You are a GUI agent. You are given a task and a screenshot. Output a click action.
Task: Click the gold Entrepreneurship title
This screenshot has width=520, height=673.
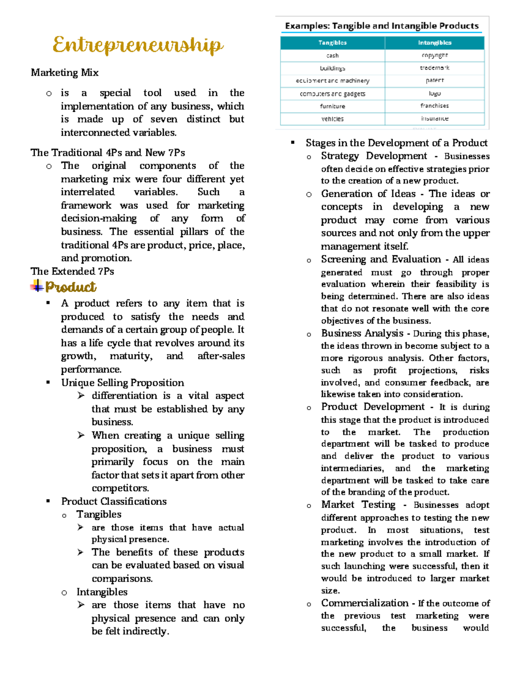pos(138,45)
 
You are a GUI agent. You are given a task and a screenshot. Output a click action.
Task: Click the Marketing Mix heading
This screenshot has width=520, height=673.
pos(65,73)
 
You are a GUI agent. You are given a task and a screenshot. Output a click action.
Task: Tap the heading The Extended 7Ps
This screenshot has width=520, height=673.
pos(72,272)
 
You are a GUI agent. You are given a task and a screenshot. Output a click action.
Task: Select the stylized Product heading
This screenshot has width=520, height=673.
pos(71,287)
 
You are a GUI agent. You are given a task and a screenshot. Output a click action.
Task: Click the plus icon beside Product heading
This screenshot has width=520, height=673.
pos(37,286)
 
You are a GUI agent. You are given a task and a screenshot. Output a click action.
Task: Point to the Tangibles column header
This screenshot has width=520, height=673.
pos(332,43)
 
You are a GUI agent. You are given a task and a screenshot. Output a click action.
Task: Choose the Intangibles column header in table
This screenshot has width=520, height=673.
pos(434,43)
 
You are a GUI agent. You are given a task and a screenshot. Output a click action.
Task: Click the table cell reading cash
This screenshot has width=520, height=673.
pos(332,55)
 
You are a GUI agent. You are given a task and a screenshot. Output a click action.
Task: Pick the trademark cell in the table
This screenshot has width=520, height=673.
pos(434,68)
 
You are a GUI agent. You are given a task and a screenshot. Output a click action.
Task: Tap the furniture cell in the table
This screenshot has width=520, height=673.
pos(332,106)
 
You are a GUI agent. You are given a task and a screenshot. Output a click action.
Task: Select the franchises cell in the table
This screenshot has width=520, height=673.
pos(434,106)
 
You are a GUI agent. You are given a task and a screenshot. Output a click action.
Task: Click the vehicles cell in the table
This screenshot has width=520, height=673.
pos(332,119)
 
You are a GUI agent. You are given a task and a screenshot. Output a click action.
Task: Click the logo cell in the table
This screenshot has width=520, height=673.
pos(434,93)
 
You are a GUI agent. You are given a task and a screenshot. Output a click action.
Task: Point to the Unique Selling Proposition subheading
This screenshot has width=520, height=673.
pos(123,383)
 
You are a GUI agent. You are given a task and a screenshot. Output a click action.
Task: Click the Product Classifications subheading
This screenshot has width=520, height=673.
pos(114,501)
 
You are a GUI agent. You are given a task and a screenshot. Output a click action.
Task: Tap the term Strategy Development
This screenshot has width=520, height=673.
pos(374,156)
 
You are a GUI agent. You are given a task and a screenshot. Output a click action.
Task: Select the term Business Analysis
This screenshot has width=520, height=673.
pos(362,333)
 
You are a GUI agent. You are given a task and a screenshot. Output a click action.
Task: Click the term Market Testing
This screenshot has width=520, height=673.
pos(358,505)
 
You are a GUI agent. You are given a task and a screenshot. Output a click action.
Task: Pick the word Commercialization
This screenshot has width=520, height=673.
pos(364,603)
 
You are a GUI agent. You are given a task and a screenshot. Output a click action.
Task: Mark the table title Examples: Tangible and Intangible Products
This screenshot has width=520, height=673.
pos(382,26)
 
